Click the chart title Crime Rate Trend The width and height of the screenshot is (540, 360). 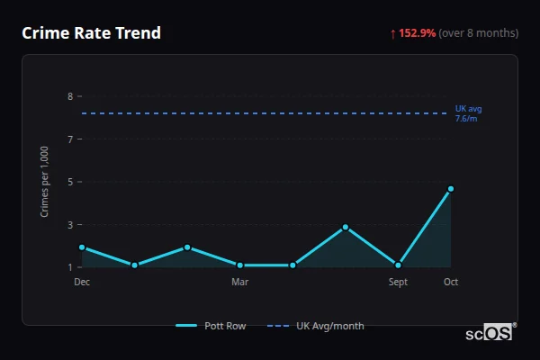click(91, 33)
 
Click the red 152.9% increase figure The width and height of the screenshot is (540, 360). click(417, 33)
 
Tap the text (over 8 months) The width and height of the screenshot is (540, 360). click(478, 33)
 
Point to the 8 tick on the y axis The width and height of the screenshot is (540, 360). click(69, 96)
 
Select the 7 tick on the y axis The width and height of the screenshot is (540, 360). click(69, 139)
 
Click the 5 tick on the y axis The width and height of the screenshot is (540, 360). click(69, 182)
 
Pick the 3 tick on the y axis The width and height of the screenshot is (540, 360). click(69, 225)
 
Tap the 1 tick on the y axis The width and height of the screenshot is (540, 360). click(69, 267)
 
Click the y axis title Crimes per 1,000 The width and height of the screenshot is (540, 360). click(44, 182)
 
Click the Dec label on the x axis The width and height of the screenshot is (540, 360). click(82, 282)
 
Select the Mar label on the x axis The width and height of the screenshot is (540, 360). click(239, 282)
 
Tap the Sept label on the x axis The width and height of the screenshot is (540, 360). click(398, 282)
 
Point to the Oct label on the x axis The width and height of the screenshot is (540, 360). click(451, 282)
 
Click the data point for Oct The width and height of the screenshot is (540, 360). click(451, 189)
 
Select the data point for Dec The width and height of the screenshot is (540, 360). click(82, 247)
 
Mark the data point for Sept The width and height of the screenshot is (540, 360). click(398, 265)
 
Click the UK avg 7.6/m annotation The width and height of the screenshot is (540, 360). click(467, 113)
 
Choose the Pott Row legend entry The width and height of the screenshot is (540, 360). click(211, 326)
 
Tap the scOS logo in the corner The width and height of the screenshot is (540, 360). click(490, 333)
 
